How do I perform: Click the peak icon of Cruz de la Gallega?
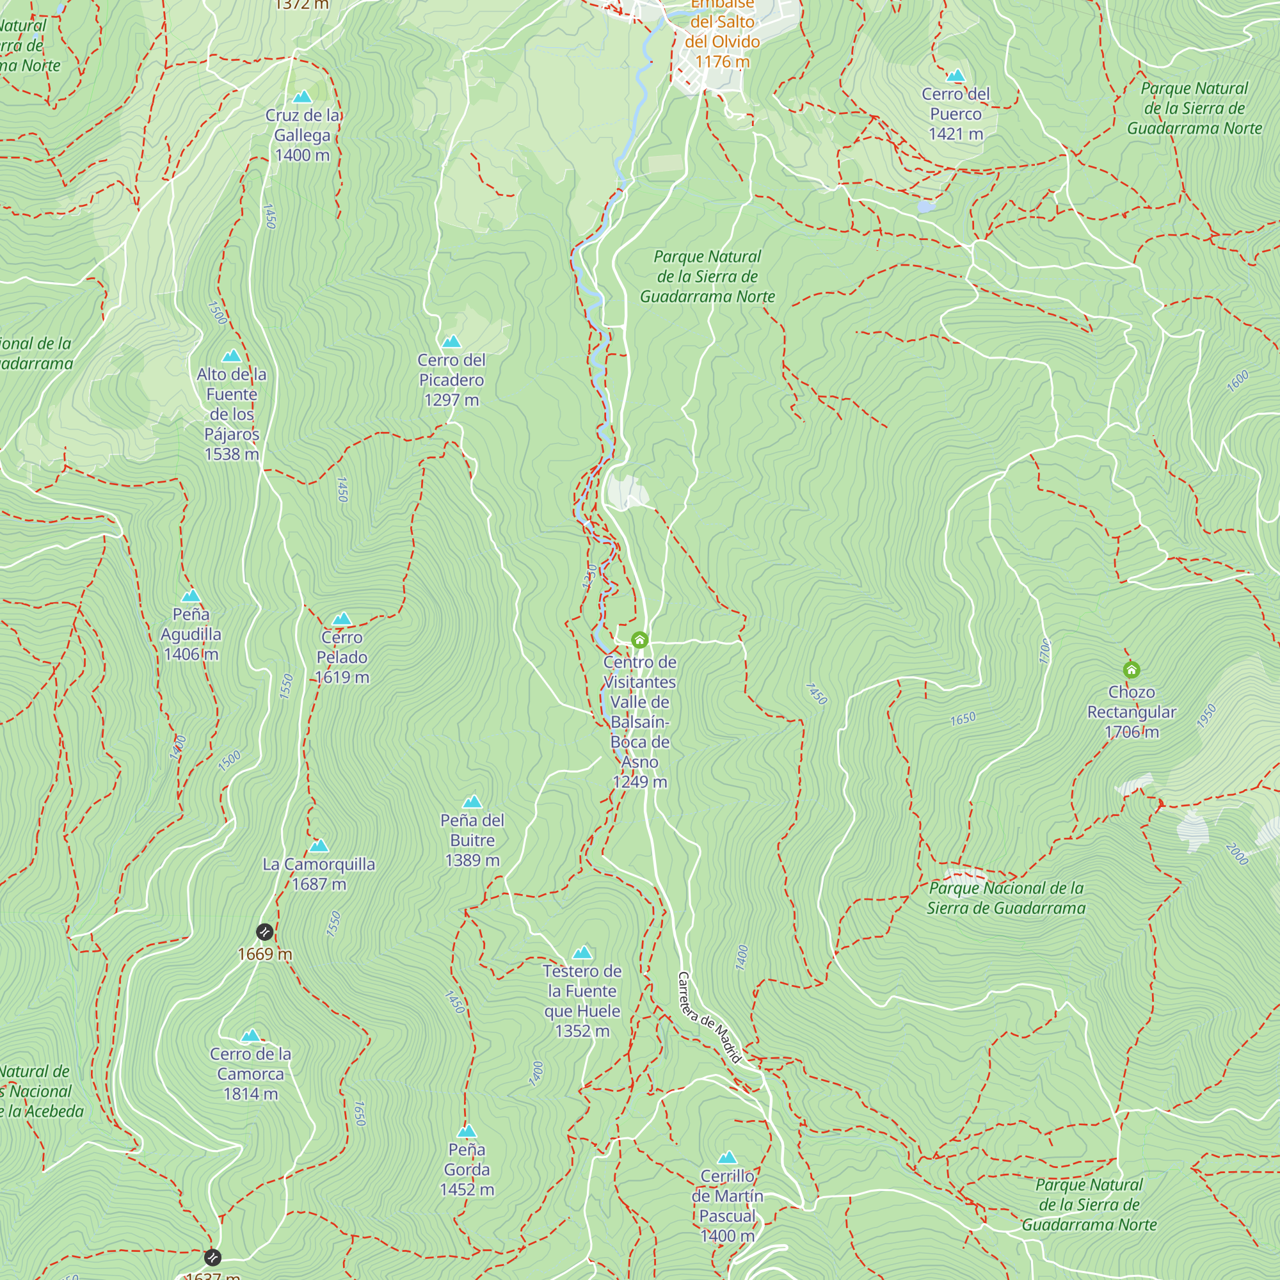(302, 97)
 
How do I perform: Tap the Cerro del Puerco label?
(955, 114)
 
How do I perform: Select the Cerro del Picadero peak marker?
(451, 342)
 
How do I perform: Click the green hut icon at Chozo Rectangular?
(1131, 670)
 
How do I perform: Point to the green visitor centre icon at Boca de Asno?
(639, 640)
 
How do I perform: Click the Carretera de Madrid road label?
(709, 1018)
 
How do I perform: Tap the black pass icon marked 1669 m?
(264, 932)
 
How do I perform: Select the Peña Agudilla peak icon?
(191, 596)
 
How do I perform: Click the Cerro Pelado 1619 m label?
(342, 657)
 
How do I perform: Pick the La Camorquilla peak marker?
(319, 846)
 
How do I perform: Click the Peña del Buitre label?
(472, 840)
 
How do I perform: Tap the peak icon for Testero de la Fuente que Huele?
(582, 954)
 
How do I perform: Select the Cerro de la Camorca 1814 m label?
(250, 1074)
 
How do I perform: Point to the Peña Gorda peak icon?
(467, 1132)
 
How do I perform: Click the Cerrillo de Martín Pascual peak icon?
(728, 1158)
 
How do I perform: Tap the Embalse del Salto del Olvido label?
(722, 33)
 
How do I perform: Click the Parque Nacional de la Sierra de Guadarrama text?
(1005, 898)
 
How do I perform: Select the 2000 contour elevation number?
(1236, 854)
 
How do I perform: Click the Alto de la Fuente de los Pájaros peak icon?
(231, 356)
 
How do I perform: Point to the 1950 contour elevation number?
(1206, 716)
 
